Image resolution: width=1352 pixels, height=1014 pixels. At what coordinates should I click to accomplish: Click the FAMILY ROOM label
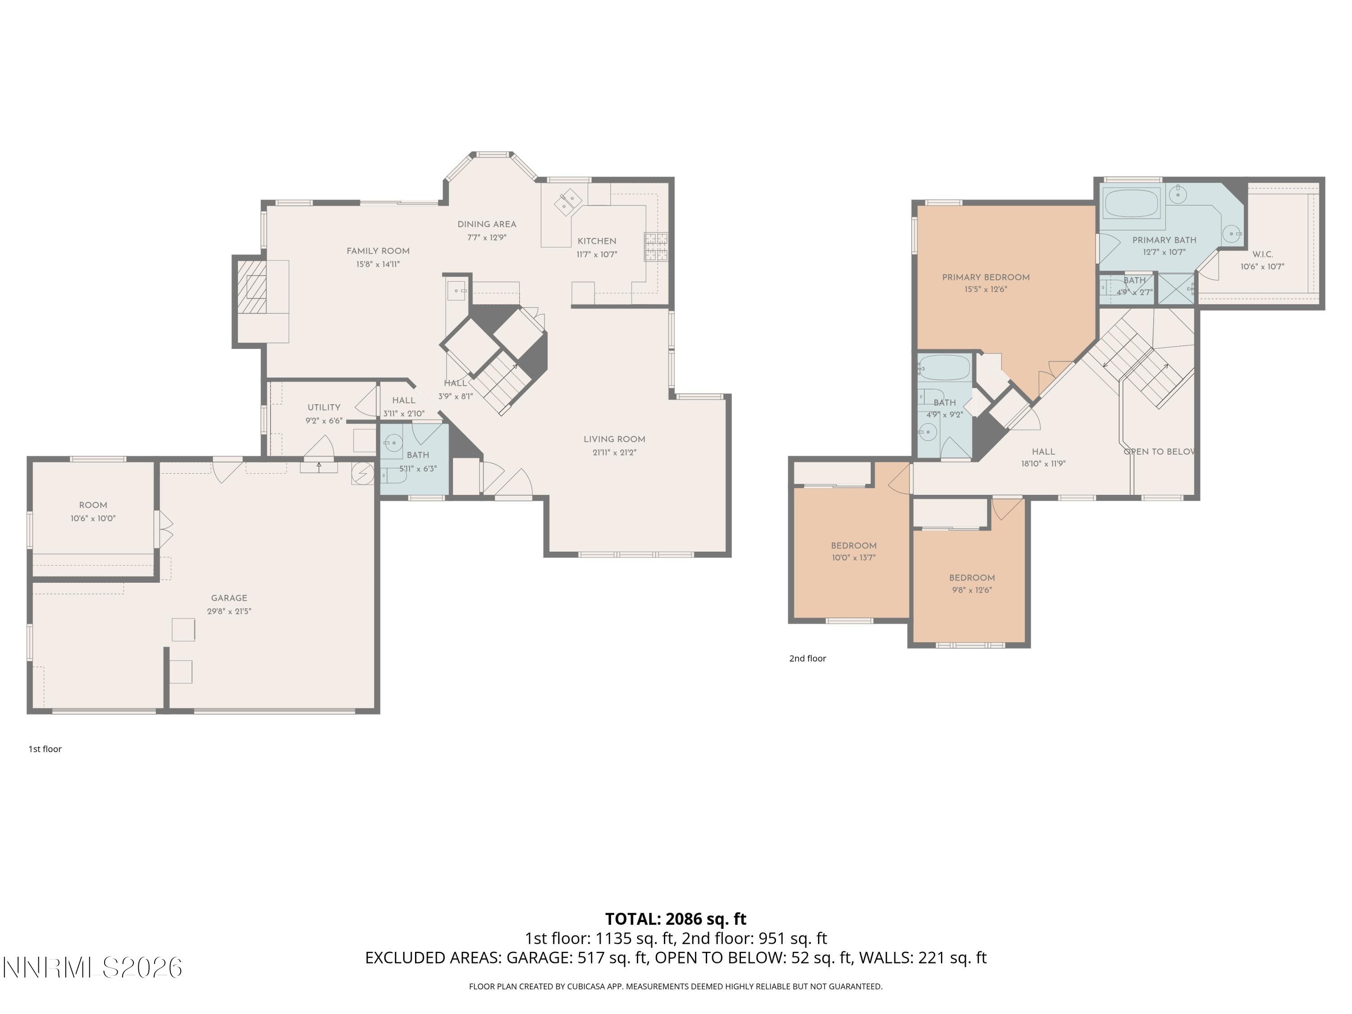(378, 251)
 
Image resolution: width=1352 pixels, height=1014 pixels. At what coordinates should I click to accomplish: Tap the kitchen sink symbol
(568, 202)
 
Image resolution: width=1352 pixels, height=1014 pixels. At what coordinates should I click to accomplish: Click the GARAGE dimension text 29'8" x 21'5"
(229, 611)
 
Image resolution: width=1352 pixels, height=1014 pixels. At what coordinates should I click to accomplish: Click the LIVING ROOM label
(614, 439)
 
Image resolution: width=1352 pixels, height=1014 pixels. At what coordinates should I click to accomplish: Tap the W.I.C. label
(1262, 254)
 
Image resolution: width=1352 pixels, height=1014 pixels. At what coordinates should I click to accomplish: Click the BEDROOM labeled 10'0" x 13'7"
(853, 546)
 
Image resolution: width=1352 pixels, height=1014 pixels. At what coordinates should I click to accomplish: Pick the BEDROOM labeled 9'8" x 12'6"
(972, 578)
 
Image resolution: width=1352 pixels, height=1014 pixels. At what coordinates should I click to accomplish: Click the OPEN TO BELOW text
(1160, 452)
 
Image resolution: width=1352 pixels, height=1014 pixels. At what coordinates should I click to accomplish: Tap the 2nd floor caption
(808, 658)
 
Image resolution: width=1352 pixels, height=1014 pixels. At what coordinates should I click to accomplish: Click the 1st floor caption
(45, 749)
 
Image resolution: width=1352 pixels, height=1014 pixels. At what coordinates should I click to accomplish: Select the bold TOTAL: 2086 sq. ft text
(676, 918)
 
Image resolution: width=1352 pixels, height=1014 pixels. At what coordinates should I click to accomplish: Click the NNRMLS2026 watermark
(93, 968)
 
